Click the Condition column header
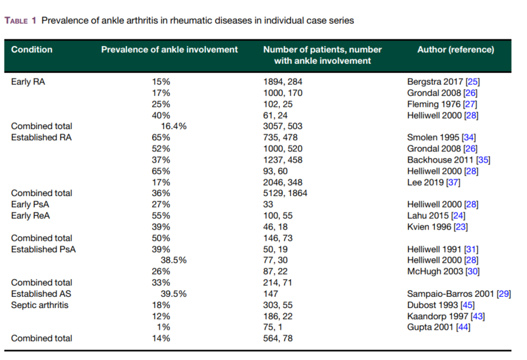tap(32, 50)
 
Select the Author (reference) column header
tap(455, 50)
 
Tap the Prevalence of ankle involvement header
tap(169, 50)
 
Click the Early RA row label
tap(28, 82)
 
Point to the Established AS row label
tap(41, 294)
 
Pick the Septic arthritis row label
tap(40, 305)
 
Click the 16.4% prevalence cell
tap(173, 126)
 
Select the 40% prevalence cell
tap(161, 116)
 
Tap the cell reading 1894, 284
tap(283, 82)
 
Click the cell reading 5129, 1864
tap(285, 193)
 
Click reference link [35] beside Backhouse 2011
tap(483, 160)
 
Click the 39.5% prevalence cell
tap(173, 294)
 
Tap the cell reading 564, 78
tap(277, 338)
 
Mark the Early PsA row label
tap(30, 205)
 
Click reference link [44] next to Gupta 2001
tap(463, 327)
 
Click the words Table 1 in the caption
tap(20, 21)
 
